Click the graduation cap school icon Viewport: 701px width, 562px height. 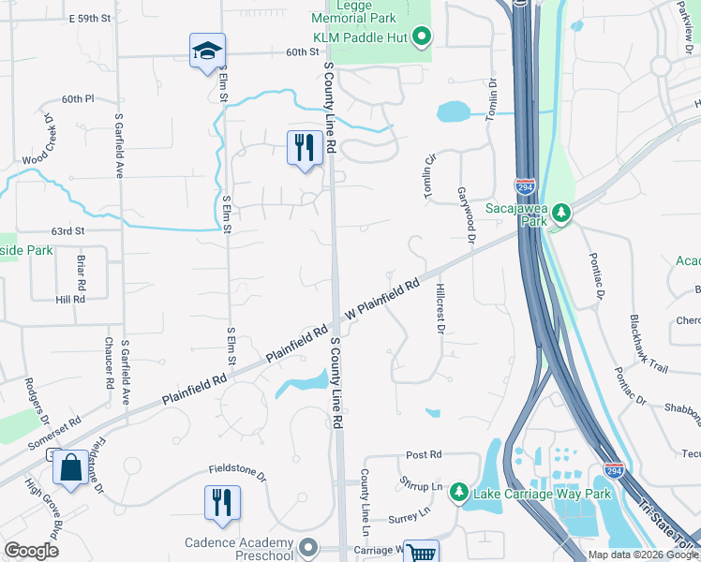click(x=208, y=52)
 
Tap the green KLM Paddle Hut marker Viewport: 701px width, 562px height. click(x=422, y=38)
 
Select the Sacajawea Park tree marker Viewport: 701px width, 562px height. click(x=560, y=213)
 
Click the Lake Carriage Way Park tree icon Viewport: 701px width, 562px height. click(x=458, y=491)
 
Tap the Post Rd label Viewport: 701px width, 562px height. click(x=424, y=454)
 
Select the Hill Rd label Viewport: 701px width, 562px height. click(x=70, y=300)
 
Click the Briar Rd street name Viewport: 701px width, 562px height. click(x=82, y=270)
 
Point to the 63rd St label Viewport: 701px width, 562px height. click(x=67, y=230)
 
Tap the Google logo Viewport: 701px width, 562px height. click(x=31, y=551)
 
